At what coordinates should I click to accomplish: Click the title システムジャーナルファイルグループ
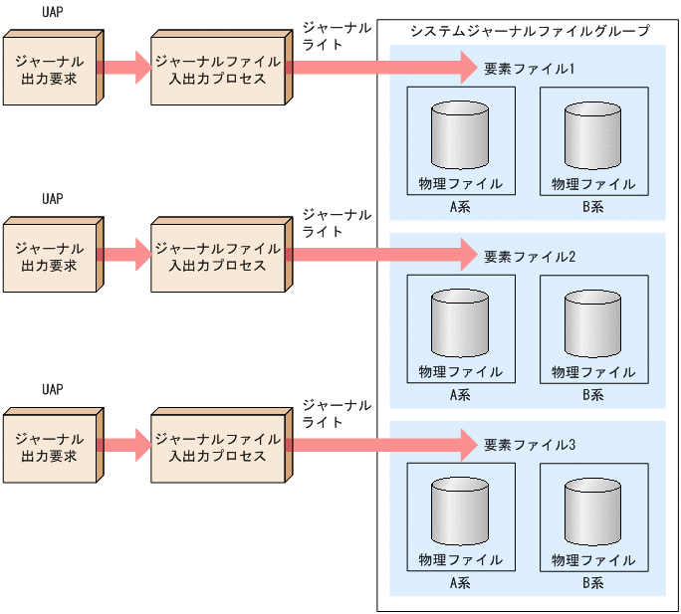pyautogui.click(x=530, y=32)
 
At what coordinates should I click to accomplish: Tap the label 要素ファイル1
pyautogui.click(x=530, y=69)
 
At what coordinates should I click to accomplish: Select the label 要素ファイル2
pyautogui.click(x=530, y=256)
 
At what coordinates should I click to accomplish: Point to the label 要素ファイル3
pyautogui.click(x=530, y=444)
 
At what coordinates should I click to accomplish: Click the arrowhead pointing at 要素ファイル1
pyautogui.click(x=468, y=69)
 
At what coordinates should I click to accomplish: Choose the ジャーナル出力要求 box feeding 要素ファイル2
pyautogui.click(x=51, y=256)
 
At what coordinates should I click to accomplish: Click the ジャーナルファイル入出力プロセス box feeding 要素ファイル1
pyautogui.click(x=217, y=69)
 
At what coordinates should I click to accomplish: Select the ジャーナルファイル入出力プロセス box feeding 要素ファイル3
pyautogui.click(x=217, y=444)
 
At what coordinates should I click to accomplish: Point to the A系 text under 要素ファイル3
pyautogui.click(x=460, y=583)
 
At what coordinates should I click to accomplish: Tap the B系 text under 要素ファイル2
pyautogui.click(x=593, y=395)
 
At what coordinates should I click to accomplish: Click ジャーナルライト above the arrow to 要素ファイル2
pyautogui.click(x=337, y=223)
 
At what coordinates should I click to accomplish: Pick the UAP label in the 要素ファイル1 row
pyautogui.click(x=53, y=13)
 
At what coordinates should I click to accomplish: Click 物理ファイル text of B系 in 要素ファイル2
pyautogui.click(x=593, y=372)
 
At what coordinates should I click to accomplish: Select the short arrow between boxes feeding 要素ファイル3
pyautogui.click(x=123, y=444)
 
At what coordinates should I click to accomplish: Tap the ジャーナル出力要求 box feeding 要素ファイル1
pyautogui.click(x=51, y=69)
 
